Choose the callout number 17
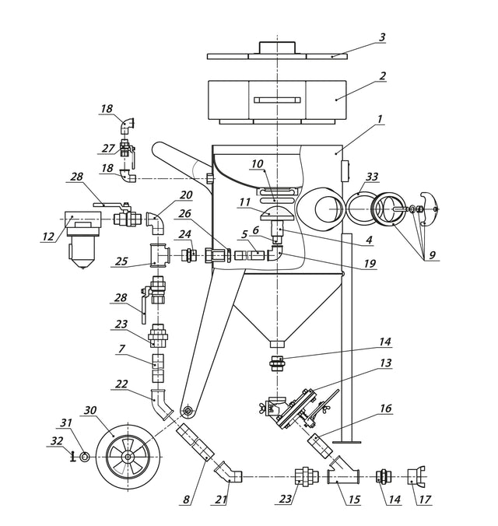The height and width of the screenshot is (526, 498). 426,501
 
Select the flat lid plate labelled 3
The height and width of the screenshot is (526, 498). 277,56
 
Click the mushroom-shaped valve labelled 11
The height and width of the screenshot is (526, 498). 278,211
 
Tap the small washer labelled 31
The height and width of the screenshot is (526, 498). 84,456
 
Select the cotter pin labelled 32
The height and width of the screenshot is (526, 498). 72,457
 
